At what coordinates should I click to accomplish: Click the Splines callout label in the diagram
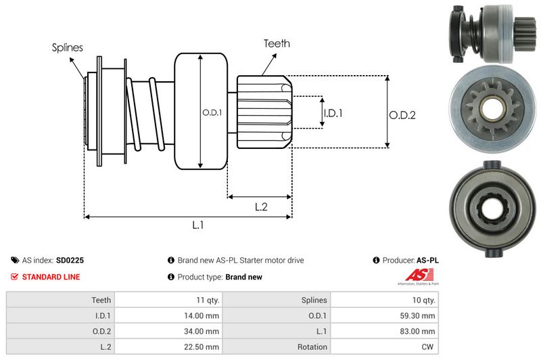click(68, 48)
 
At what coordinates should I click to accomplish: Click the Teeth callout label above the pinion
click(277, 43)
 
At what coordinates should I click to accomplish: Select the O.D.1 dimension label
click(212, 112)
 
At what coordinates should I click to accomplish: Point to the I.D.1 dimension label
click(333, 113)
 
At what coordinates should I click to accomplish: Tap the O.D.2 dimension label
click(402, 115)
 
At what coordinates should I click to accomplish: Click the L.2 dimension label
click(261, 208)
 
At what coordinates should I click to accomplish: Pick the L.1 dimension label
click(198, 226)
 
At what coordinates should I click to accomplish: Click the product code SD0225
click(70, 260)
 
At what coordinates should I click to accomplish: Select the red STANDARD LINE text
click(51, 277)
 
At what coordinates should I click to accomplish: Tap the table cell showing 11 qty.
click(206, 300)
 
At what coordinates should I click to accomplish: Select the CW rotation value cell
click(429, 346)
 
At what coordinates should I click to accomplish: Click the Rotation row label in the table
click(312, 346)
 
